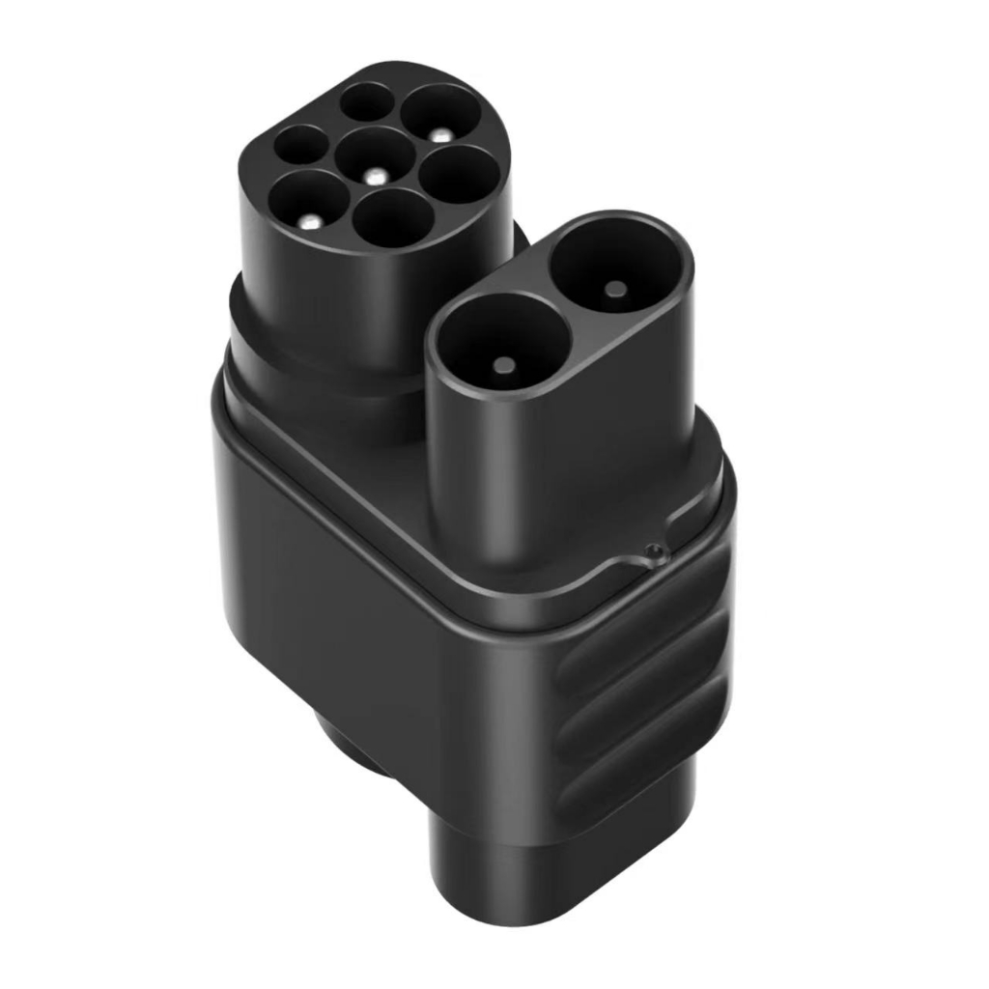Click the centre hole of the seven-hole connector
[x=377, y=158]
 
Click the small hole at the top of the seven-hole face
[x=367, y=100]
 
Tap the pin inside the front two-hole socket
[x=504, y=365]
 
